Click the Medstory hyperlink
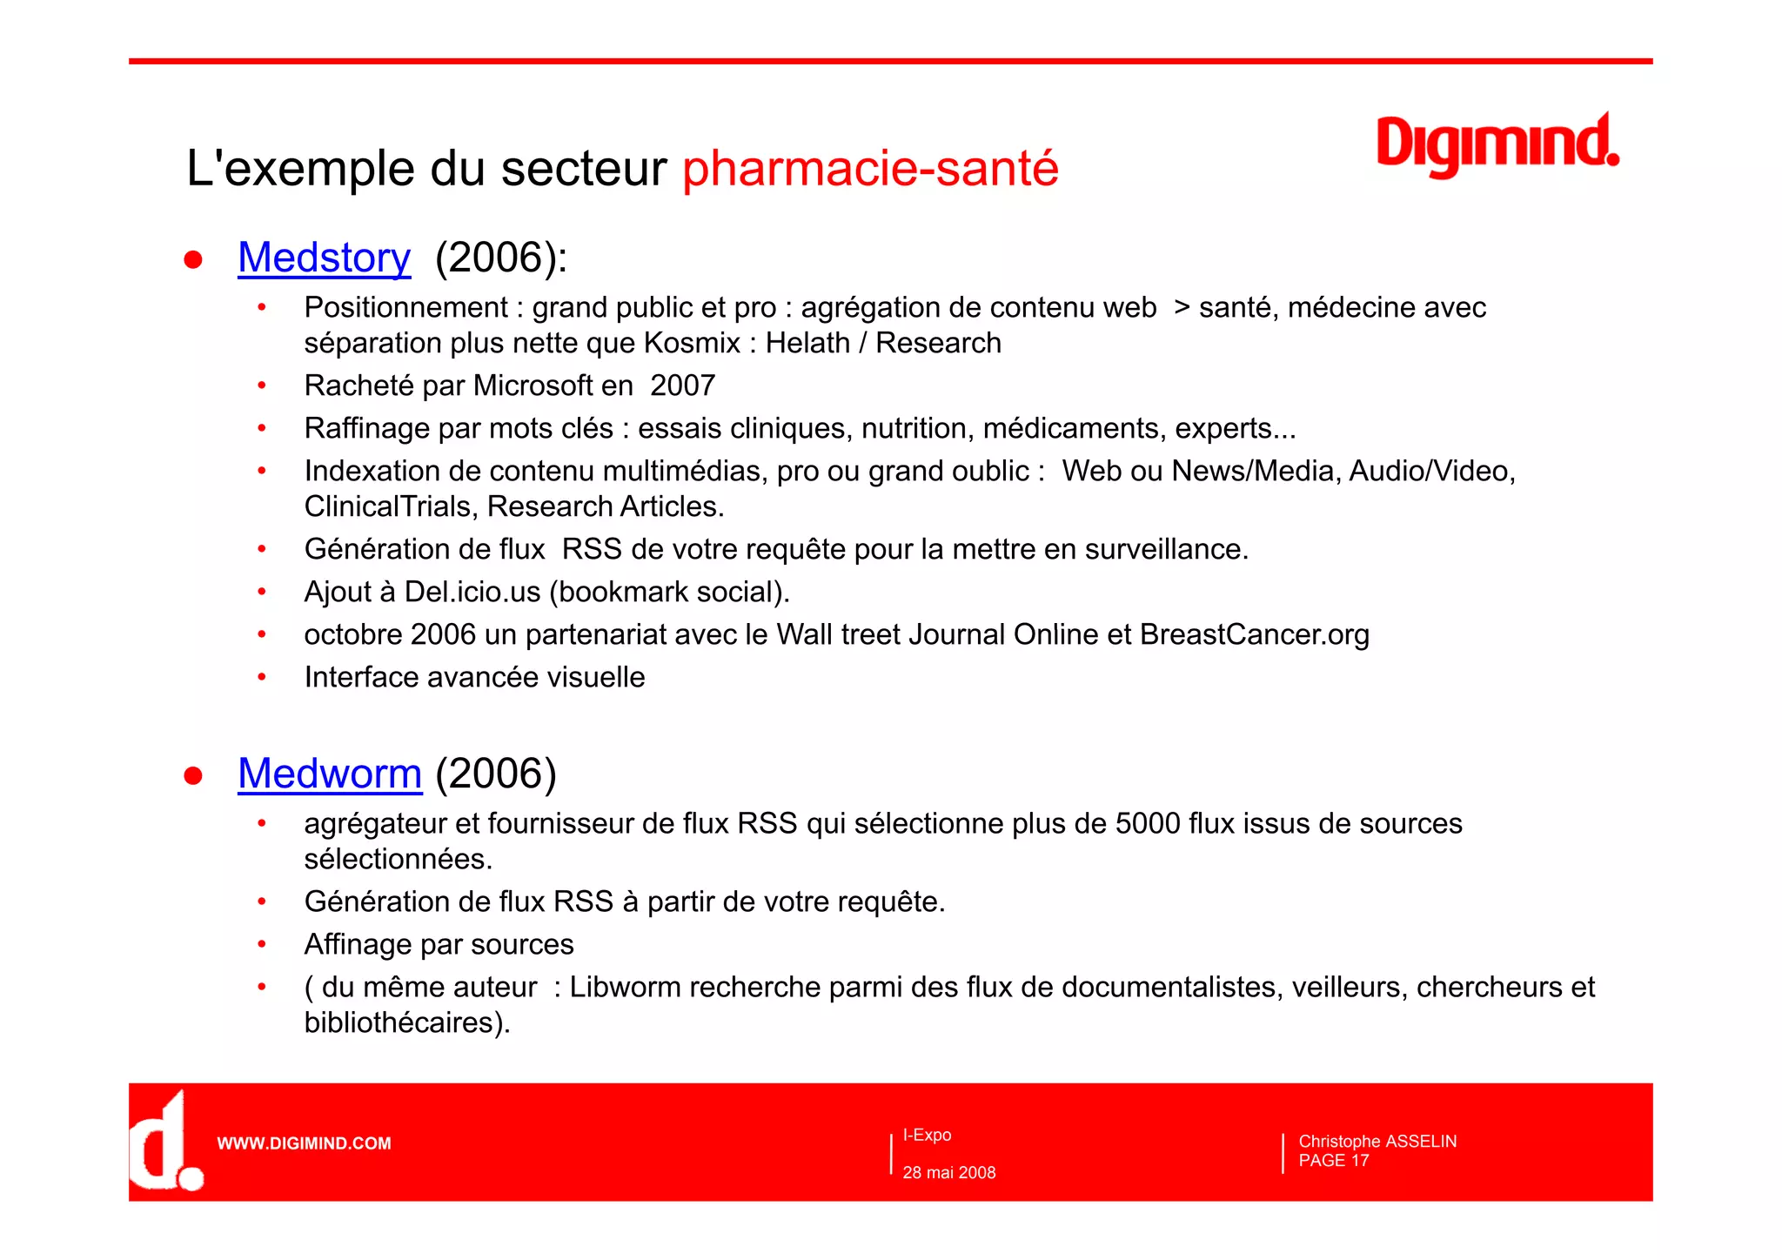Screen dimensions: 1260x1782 click(x=324, y=258)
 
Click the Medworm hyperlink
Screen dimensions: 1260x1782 click(x=330, y=774)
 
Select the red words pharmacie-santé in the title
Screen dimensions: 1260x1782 click(x=870, y=168)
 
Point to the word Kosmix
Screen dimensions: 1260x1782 click(x=692, y=343)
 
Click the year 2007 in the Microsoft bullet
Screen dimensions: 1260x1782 click(x=682, y=385)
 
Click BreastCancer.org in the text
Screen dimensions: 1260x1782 click(x=1254, y=634)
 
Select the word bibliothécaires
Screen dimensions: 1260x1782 click(x=399, y=1022)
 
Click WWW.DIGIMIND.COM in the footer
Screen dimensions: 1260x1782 click(x=304, y=1143)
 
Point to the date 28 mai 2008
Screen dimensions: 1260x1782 click(x=948, y=1172)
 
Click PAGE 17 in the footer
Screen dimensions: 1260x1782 click(x=1333, y=1161)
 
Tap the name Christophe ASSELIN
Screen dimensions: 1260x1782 click(x=1377, y=1141)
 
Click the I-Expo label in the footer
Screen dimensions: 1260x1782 click(x=927, y=1135)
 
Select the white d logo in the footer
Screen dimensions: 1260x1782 click(x=164, y=1142)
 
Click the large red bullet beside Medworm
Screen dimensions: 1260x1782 click(x=193, y=775)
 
